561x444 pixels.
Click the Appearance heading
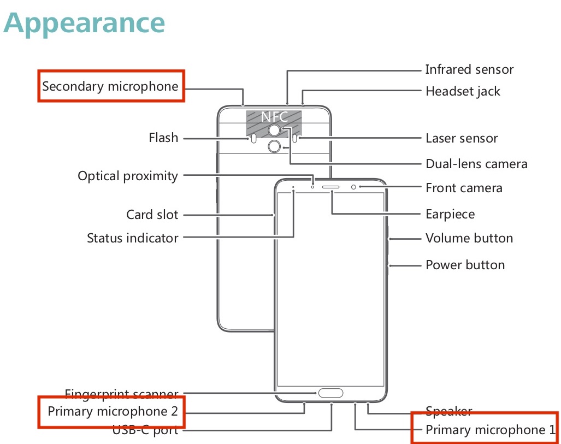85,23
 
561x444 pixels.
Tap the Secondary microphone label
110,86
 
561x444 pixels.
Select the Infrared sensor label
469,70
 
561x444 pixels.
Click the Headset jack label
463,91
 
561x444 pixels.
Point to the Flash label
163,138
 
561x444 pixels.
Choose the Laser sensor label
462,138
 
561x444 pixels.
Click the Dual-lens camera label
476,164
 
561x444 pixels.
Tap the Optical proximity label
128,176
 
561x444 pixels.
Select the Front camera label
464,188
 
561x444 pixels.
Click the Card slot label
152,215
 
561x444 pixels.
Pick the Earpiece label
450,214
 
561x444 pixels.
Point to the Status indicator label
132,238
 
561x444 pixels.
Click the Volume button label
469,238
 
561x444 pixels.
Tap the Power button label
465,265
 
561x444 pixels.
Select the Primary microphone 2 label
113,411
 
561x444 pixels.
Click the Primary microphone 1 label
490,430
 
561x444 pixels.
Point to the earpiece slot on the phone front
331,187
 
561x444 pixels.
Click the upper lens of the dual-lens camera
274,130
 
